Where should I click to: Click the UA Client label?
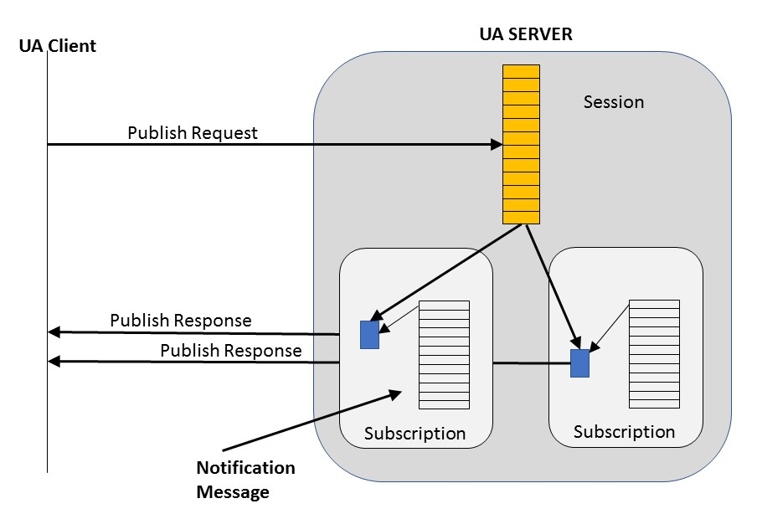(57, 45)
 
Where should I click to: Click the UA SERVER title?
(525, 34)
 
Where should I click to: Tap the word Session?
(614, 102)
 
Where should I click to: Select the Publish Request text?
(193, 132)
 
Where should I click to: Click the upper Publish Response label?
(180, 320)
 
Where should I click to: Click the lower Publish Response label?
(230, 350)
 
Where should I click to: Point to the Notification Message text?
(245, 480)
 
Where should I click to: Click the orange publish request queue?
(521, 144)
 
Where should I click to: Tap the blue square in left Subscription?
(369, 335)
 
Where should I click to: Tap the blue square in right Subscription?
(580, 363)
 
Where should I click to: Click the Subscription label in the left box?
(415, 434)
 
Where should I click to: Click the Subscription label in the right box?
(624, 432)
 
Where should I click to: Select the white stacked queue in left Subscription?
(444, 352)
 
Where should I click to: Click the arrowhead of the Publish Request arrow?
(495, 145)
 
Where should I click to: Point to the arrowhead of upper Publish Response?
(54, 332)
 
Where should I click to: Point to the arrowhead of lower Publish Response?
(54, 362)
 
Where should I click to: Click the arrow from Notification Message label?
(310, 421)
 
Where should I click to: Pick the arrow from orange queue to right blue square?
(553, 285)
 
